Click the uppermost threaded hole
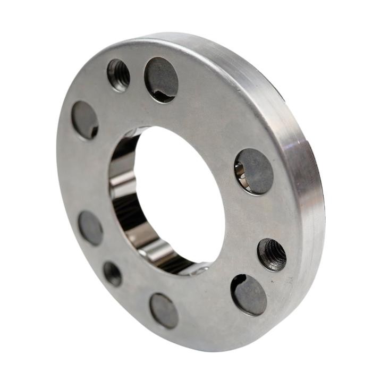tap(119, 74)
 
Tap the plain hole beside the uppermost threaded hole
tap(161, 80)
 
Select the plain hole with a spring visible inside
tap(253, 171)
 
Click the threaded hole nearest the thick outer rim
tap(272, 255)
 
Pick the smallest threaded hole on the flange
tap(112, 274)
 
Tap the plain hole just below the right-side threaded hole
tap(249, 294)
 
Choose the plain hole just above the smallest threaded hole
tap(90, 227)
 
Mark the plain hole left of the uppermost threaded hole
tap(85, 120)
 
